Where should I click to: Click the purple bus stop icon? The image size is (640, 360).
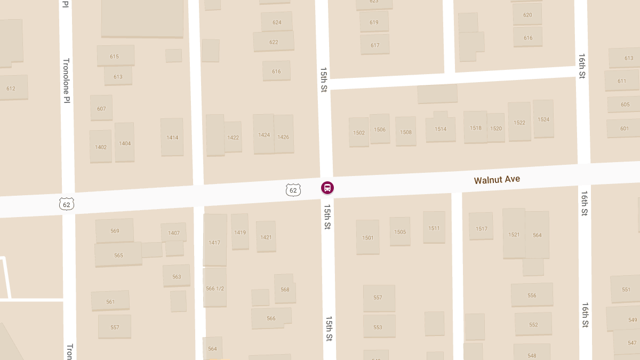(x=327, y=188)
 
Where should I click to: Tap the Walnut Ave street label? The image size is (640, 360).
(x=497, y=180)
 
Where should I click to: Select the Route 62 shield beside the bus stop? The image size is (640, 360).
(x=293, y=189)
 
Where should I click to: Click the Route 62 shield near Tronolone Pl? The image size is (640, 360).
(x=67, y=203)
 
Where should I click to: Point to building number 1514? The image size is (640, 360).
(x=441, y=129)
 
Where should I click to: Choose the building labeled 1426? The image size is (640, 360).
(x=283, y=137)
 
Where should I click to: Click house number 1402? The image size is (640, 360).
(x=101, y=147)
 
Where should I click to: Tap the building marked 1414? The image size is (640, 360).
(x=172, y=138)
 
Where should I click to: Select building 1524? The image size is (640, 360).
(x=543, y=119)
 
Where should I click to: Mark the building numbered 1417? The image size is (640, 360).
(x=214, y=243)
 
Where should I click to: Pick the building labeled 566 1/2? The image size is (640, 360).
(x=215, y=289)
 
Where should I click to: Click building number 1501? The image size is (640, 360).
(x=368, y=237)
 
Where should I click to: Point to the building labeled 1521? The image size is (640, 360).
(x=514, y=235)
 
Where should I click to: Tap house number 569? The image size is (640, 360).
(x=115, y=231)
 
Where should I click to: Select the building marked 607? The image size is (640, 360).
(x=101, y=109)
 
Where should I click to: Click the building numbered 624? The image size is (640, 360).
(x=277, y=22)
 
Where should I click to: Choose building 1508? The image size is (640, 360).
(x=406, y=132)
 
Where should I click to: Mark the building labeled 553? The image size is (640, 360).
(x=378, y=327)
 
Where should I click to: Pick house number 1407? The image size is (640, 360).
(x=174, y=233)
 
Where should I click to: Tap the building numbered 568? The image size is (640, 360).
(x=285, y=290)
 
